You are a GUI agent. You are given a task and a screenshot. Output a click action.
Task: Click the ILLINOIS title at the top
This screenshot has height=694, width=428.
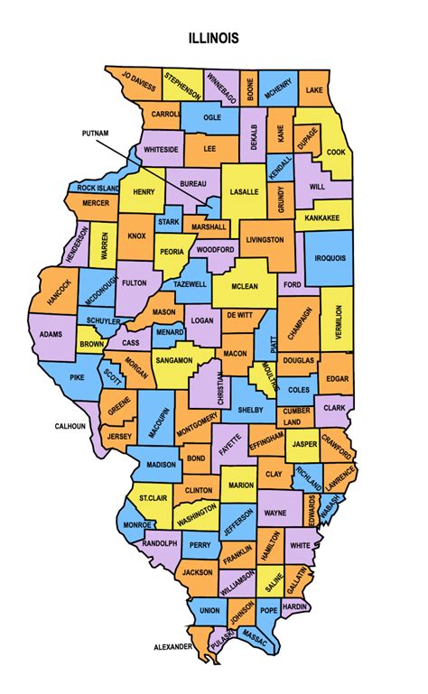(214, 38)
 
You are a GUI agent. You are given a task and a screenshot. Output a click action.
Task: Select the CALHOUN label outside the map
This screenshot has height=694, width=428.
(70, 425)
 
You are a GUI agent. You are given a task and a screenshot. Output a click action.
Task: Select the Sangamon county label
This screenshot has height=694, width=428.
(173, 360)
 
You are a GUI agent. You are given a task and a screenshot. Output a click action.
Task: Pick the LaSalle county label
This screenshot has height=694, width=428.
(244, 192)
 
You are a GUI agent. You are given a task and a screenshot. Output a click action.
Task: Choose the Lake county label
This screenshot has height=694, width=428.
(314, 90)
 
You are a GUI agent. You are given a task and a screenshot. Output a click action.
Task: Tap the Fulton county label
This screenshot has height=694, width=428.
(134, 282)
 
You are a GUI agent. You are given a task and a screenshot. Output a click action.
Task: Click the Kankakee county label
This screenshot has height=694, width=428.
(321, 217)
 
